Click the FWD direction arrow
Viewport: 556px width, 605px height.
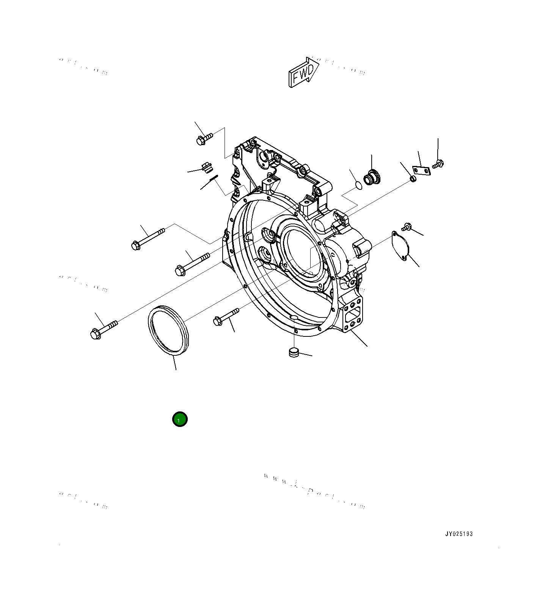coord(303,72)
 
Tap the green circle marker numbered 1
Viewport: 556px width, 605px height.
coord(180,419)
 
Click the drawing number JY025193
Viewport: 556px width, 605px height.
coord(459,534)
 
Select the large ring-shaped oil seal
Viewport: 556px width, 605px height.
coord(168,331)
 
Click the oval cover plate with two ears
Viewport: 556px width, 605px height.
coord(401,245)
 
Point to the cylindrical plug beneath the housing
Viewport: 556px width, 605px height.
coord(294,352)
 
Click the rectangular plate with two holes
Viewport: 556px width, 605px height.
coord(421,170)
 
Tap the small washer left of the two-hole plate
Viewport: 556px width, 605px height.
coord(413,178)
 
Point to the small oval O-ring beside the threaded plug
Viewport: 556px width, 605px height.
coord(358,186)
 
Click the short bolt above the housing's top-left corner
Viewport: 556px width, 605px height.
coord(204,138)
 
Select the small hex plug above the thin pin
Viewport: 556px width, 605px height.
coord(207,167)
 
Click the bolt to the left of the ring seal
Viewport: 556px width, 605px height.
coord(103,329)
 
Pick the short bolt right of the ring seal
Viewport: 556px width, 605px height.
coord(226,317)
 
